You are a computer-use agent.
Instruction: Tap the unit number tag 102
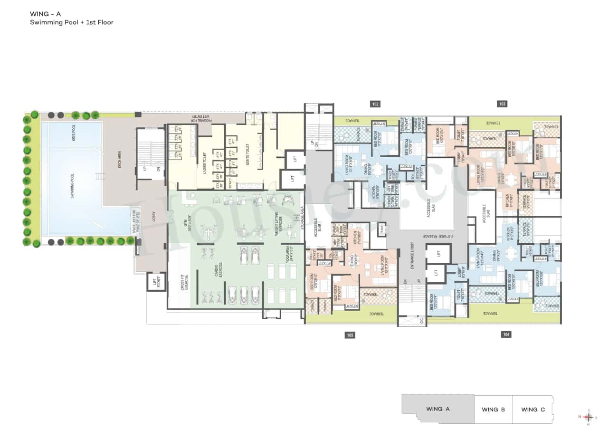[375, 104]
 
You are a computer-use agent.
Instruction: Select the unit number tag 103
[502, 104]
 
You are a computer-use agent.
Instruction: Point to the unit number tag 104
[506, 335]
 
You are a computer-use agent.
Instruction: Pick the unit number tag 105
[350, 335]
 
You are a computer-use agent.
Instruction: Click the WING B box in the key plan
[493, 409]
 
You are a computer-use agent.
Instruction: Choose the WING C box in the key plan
[532, 409]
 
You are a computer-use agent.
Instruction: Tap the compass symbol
[589, 417]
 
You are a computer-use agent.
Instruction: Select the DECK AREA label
[120, 160]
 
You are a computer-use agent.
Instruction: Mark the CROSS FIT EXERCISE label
[184, 282]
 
